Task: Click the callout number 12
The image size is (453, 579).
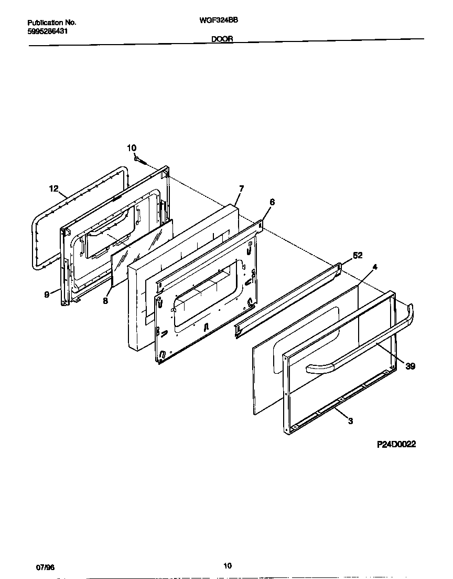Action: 54,188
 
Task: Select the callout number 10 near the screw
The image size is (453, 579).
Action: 132,148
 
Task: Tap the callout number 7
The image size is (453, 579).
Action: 241,188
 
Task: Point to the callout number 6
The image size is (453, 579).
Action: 272,202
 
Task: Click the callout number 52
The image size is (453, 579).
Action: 358,256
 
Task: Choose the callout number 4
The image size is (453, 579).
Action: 374,267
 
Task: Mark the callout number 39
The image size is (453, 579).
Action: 411,366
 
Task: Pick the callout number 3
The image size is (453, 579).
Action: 351,420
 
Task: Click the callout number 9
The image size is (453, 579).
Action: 47,295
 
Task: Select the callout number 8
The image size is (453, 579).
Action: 105,301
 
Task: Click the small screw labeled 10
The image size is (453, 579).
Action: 137,158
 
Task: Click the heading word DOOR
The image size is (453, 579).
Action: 222,39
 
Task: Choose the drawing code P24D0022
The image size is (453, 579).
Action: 396,444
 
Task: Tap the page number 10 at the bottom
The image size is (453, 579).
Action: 227,565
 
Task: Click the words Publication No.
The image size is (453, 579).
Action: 51,23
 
